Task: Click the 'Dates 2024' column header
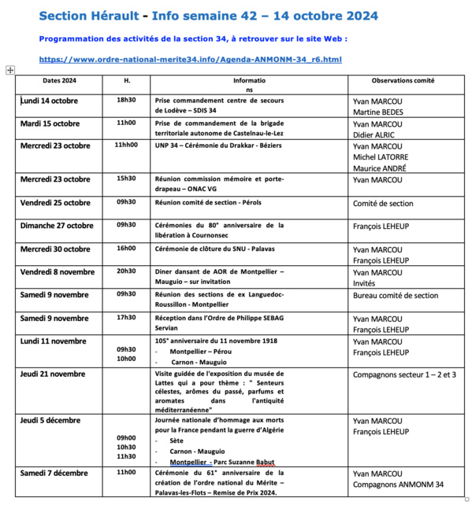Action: pyautogui.click(x=59, y=80)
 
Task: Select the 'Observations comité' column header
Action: pyautogui.click(x=402, y=80)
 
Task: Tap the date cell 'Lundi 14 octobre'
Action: pyautogui.click(x=50, y=100)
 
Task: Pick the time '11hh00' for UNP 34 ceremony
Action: pyautogui.click(x=126, y=146)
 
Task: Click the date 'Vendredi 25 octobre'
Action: pyautogui.click(x=55, y=202)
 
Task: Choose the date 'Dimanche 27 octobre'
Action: pyautogui.click(x=56, y=226)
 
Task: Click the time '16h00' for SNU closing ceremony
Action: pyautogui.click(x=126, y=249)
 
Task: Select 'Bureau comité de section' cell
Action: pyautogui.click(x=396, y=296)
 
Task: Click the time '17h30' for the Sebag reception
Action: pyautogui.click(x=126, y=318)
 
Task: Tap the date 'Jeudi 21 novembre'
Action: pyautogui.click(x=53, y=374)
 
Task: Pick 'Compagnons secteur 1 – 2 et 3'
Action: pyautogui.click(x=404, y=374)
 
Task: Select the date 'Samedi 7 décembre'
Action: pyautogui.click(x=54, y=473)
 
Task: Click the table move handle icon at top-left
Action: pyautogui.click(x=10, y=70)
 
